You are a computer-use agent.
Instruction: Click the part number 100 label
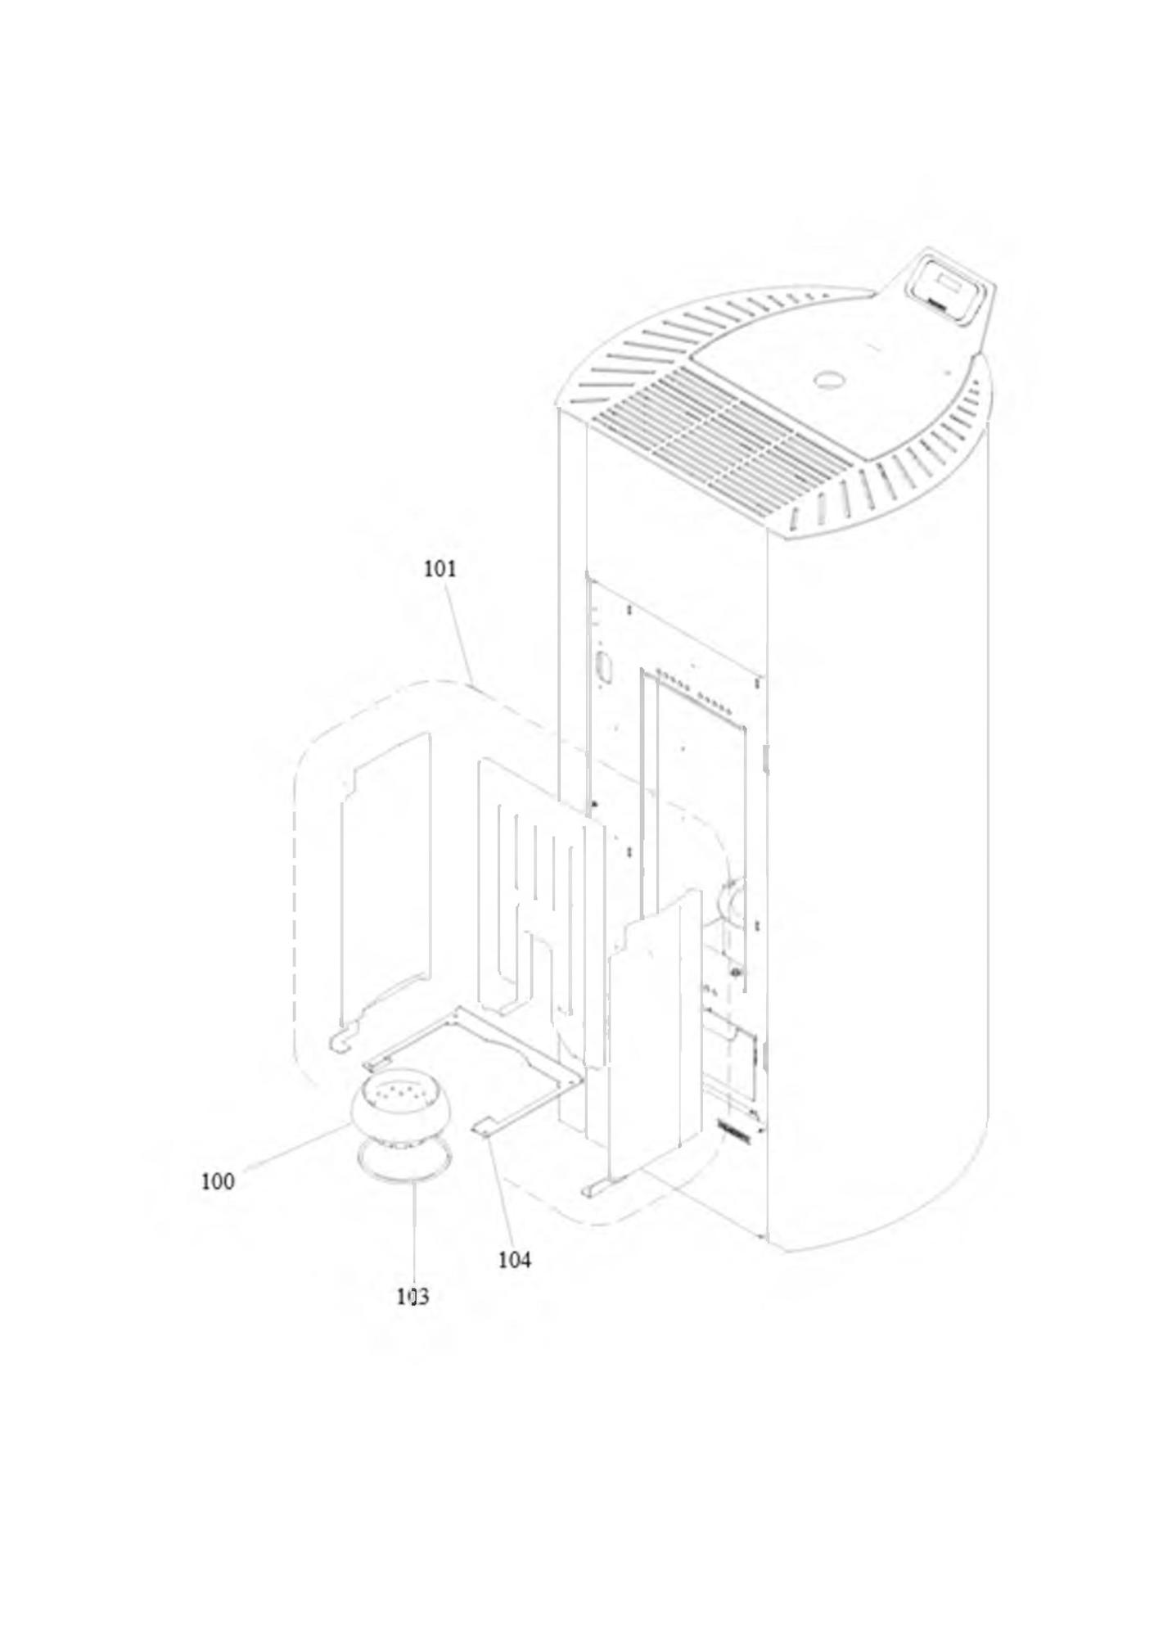point(218,1181)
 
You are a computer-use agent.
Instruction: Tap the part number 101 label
point(440,568)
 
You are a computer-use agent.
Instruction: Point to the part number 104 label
point(515,1259)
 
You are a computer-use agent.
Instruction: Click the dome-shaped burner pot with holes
point(401,1106)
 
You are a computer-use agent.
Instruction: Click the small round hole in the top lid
point(830,380)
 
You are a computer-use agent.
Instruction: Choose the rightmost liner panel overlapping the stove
point(655,1040)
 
